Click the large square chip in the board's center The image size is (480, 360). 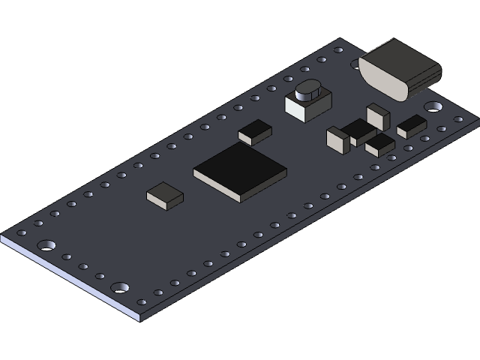(x=240, y=171)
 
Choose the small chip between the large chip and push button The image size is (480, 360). (x=255, y=132)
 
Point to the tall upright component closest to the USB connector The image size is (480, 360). (x=377, y=116)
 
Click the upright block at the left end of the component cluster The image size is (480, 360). (x=338, y=139)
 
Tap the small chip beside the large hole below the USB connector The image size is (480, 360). (x=411, y=127)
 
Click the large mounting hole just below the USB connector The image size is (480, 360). (x=433, y=107)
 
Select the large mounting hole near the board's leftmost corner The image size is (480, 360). (x=47, y=244)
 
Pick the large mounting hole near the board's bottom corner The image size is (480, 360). (x=119, y=287)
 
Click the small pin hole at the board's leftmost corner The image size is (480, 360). (x=21, y=232)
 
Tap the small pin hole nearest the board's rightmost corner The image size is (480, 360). (x=457, y=118)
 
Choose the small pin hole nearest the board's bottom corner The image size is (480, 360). (x=141, y=301)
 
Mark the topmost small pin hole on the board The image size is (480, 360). (x=338, y=50)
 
